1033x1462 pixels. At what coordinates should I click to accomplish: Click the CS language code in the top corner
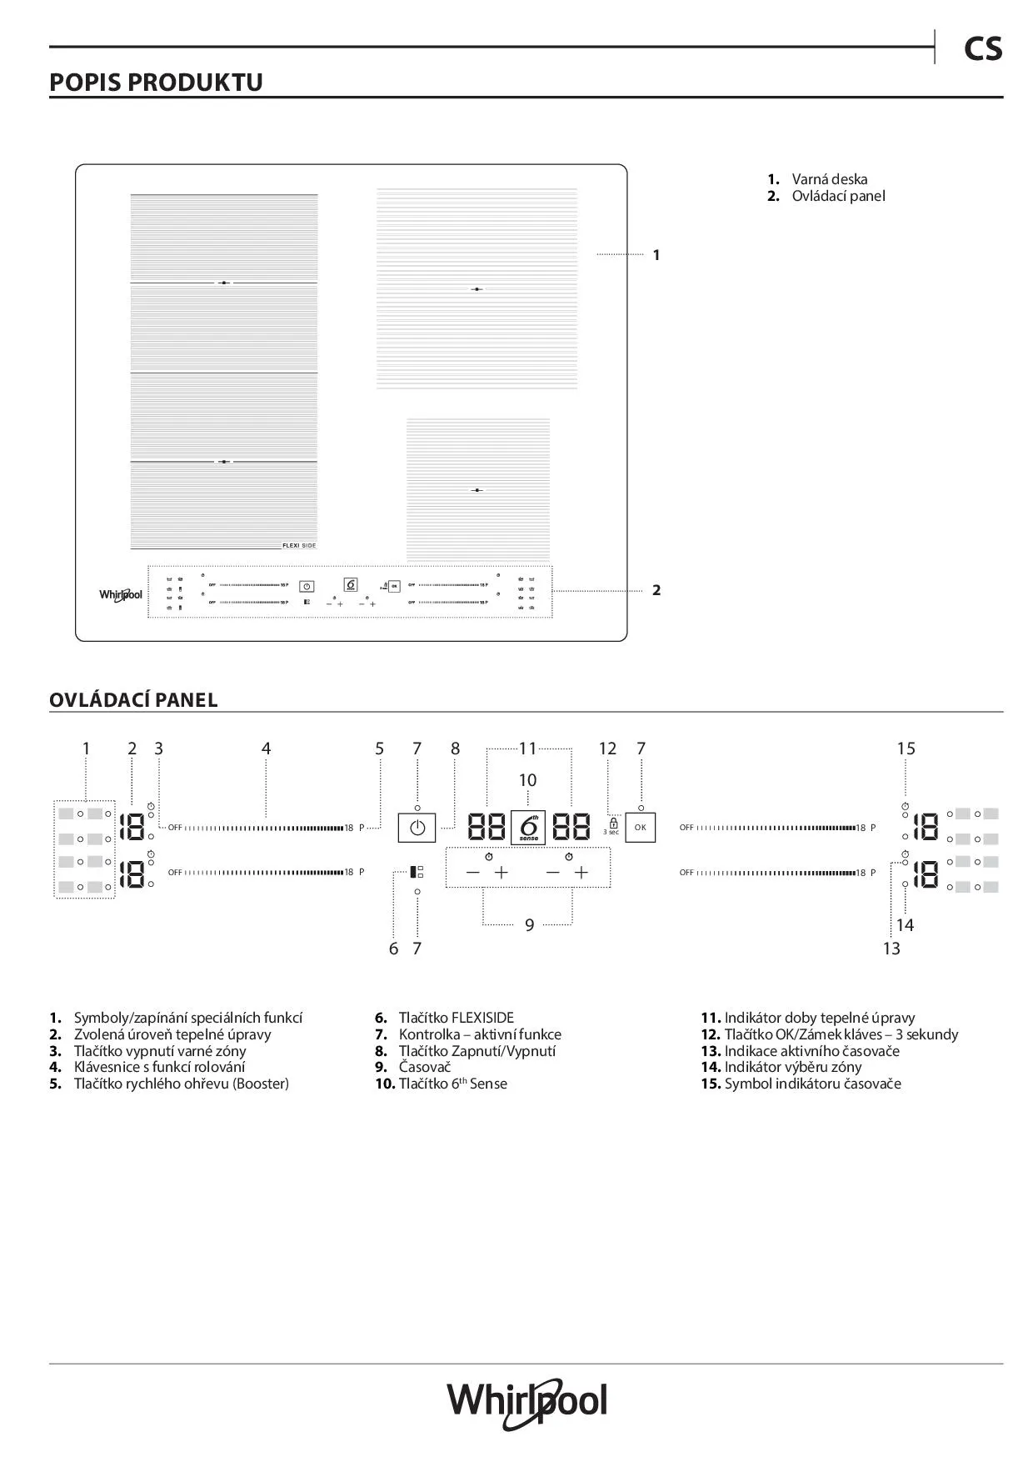(982, 50)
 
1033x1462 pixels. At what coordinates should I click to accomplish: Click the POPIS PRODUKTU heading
(156, 83)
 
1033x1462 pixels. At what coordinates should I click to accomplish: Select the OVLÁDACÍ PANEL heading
(133, 700)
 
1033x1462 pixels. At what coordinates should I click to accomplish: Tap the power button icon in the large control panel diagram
(417, 829)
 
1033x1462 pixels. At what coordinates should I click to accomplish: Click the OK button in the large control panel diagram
(640, 828)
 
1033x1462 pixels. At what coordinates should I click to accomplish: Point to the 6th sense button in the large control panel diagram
(528, 828)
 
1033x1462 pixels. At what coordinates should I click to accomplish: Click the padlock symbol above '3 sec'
(613, 823)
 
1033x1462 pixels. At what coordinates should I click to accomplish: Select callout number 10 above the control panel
(528, 780)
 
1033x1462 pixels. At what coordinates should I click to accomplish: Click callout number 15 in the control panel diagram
(906, 749)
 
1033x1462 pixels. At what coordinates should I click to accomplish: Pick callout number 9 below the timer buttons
(529, 924)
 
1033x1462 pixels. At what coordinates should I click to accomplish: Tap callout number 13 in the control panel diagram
(891, 949)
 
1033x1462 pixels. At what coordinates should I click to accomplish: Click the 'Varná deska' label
(829, 179)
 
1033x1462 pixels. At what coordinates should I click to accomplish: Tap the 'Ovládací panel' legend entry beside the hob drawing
(838, 196)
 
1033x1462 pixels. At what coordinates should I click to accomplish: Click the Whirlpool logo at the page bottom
(527, 1402)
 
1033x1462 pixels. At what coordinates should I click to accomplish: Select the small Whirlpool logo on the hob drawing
(121, 595)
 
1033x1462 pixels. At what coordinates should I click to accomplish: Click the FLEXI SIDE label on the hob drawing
(299, 545)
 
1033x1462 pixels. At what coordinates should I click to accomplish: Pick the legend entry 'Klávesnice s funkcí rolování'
(159, 1067)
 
